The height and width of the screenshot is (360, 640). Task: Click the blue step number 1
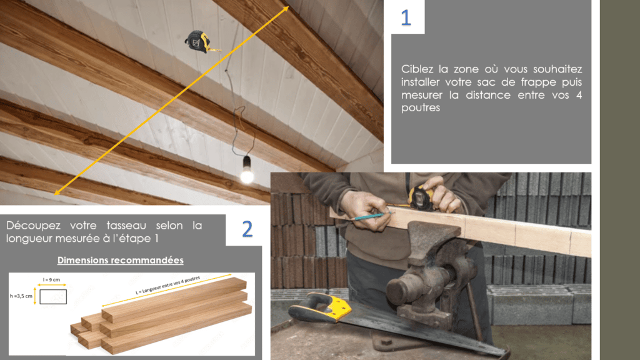(406, 17)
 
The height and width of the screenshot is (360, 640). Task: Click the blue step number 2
(247, 229)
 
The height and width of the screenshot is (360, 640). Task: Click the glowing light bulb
(247, 171)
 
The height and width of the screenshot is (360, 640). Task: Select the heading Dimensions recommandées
(121, 260)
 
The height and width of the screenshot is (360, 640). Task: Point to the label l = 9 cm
(51, 279)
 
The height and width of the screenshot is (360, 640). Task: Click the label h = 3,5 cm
(21, 296)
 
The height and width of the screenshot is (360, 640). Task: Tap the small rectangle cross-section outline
(53, 297)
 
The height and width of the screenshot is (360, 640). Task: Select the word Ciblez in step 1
(417, 69)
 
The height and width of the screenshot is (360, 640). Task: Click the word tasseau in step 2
(126, 225)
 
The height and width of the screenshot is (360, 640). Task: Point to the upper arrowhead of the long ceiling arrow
(286, 9)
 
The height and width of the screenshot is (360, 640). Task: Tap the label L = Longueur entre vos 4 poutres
(167, 285)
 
